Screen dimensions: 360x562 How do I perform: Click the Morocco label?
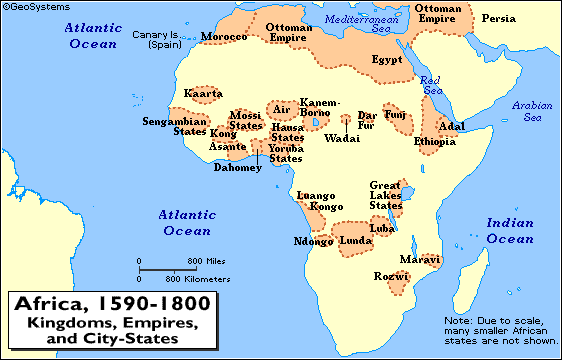(224, 37)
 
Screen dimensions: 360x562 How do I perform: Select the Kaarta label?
(204, 94)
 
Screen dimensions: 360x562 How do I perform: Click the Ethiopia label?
(435, 142)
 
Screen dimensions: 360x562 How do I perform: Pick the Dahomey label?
(238, 168)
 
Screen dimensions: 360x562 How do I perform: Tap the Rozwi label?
(386, 274)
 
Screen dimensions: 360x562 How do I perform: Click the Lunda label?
(355, 241)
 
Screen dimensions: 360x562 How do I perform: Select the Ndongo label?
(313, 241)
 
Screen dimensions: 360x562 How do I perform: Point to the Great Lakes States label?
(385, 195)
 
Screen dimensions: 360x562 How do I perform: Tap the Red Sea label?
(430, 85)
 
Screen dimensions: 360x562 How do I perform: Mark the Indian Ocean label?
(510, 231)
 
